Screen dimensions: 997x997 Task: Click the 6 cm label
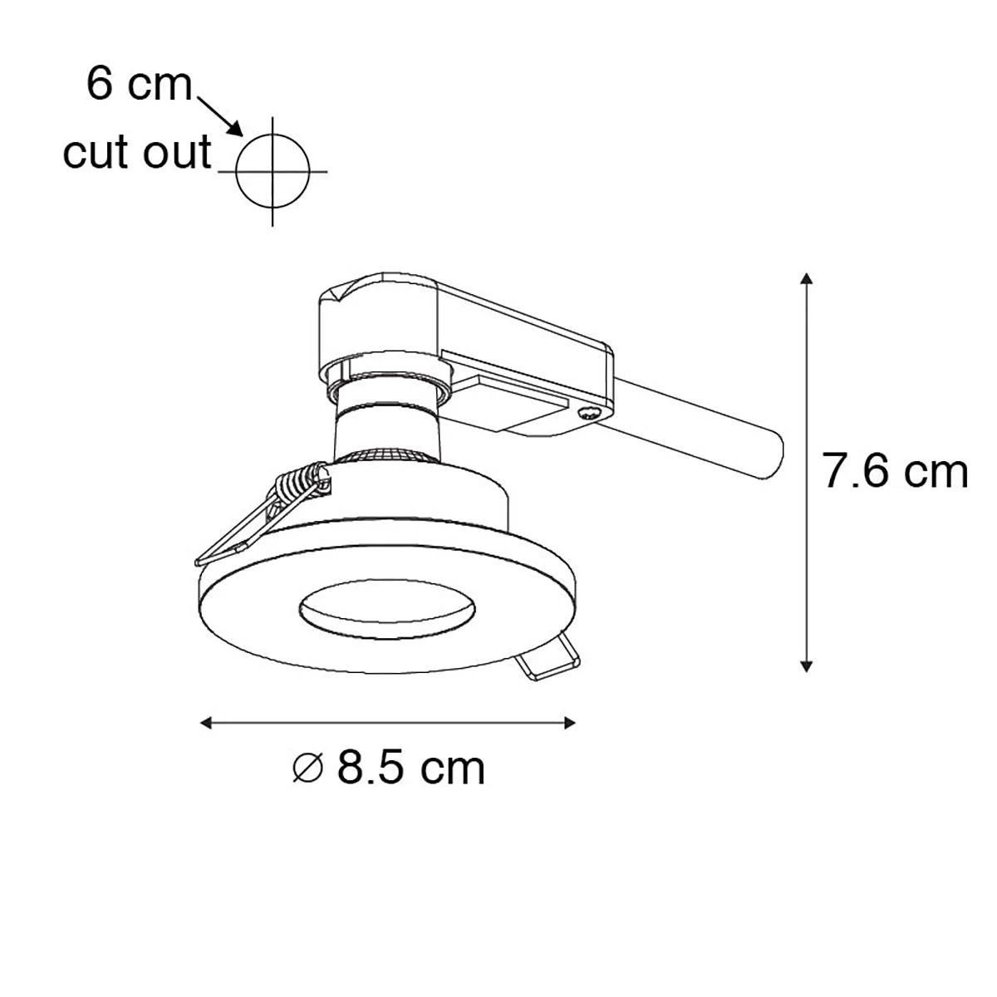click(x=140, y=85)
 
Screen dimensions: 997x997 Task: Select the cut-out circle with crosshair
click(x=273, y=171)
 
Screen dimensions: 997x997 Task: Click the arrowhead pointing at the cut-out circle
click(x=235, y=129)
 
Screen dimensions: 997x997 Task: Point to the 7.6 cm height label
click(x=895, y=471)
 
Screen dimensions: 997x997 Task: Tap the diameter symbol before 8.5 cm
click(x=308, y=769)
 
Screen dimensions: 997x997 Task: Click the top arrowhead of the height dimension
click(x=806, y=278)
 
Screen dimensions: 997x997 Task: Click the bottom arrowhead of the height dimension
click(x=806, y=665)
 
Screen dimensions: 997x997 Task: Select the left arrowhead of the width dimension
click(x=206, y=723)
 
